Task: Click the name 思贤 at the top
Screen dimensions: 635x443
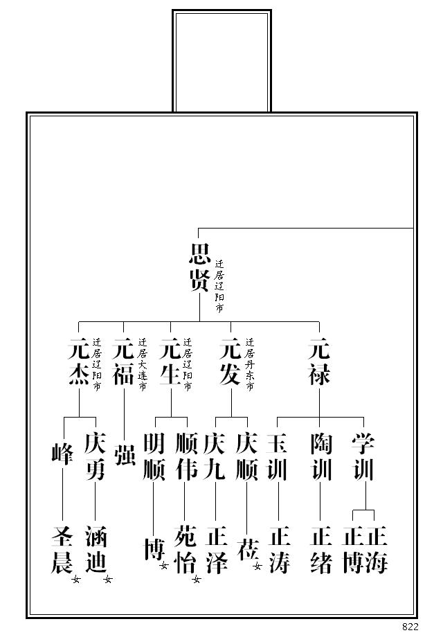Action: pos(199,267)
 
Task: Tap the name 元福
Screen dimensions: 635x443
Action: pos(123,361)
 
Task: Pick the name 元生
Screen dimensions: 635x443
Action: pos(170,361)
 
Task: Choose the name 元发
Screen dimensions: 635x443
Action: pos(230,361)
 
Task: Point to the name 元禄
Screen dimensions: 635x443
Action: pos(319,361)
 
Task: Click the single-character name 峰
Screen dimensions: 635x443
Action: pos(63,453)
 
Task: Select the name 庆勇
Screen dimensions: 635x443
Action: pos(95,456)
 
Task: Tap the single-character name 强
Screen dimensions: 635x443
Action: pos(125,453)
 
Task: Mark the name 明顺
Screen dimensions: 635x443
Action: pos(154,456)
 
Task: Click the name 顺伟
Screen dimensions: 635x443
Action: pos(187,456)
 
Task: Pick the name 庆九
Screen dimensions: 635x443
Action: pos(215,456)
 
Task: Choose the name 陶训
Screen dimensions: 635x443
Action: pos(321,456)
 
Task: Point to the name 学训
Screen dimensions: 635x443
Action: pos(363,456)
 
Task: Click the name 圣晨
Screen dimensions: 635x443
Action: pos(62,550)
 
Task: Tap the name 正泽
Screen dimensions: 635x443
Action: pos(216,550)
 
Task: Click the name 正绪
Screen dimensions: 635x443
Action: pos(321,550)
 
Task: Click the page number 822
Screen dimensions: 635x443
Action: pos(410,627)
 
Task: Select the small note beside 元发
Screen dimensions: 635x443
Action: pos(250,364)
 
